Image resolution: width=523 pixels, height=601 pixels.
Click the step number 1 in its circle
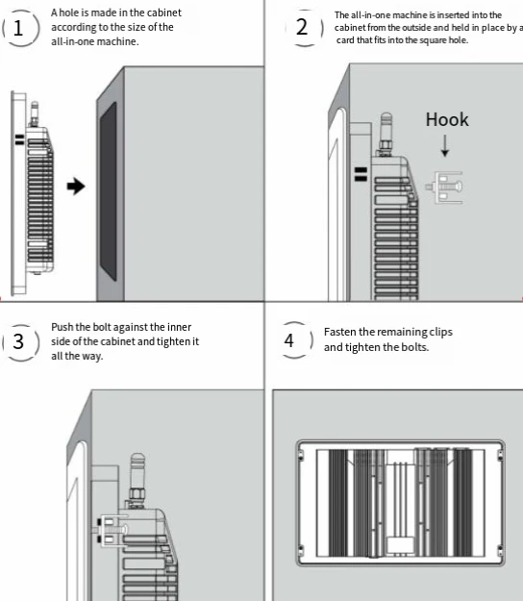[x=18, y=28]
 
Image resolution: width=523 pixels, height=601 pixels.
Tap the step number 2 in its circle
[x=302, y=27]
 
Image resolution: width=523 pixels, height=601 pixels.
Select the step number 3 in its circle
[x=18, y=341]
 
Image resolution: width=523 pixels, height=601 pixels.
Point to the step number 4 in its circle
[x=289, y=340]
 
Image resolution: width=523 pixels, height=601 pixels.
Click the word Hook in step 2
[x=447, y=119]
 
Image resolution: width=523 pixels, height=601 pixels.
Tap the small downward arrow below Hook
[x=445, y=145]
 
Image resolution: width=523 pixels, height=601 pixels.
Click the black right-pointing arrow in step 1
[x=76, y=187]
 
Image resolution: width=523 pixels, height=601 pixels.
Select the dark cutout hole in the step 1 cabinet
[x=109, y=191]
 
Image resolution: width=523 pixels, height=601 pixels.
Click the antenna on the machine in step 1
[x=35, y=113]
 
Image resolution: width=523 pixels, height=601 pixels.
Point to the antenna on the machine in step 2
[x=386, y=135]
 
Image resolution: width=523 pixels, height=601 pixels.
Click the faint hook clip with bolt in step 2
[x=444, y=188]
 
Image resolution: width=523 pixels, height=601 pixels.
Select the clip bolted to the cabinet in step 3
[x=112, y=531]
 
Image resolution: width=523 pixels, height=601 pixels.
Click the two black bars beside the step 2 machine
[x=361, y=174]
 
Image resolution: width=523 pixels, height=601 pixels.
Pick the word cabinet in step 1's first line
[x=164, y=13]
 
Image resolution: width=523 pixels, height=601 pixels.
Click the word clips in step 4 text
[x=440, y=333]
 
